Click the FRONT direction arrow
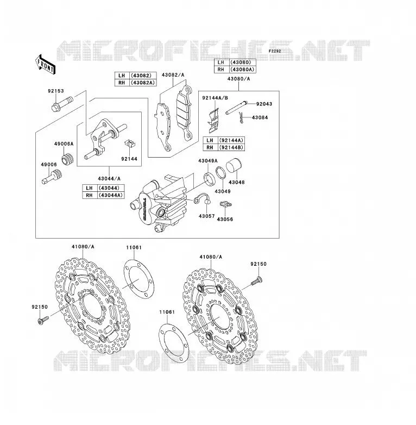click(45, 65)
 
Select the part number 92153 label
click(56, 91)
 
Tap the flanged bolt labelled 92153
click(62, 104)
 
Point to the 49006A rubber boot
click(68, 159)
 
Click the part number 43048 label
click(236, 183)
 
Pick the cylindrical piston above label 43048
click(234, 165)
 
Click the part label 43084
click(260, 117)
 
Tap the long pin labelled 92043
click(236, 108)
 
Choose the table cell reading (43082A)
click(143, 83)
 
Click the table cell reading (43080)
click(242, 62)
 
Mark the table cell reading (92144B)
click(231, 147)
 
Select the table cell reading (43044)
click(110, 188)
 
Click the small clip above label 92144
click(130, 143)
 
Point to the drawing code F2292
click(275, 51)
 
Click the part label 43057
click(206, 216)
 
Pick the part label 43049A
click(207, 161)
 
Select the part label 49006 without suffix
click(49, 165)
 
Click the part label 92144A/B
click(215, 98)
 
